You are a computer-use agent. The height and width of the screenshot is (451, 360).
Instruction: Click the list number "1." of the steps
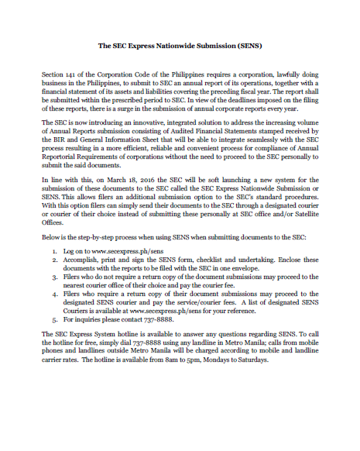point(55,252)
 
